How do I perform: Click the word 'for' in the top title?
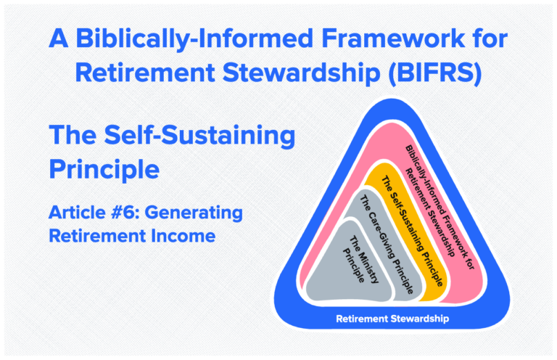pyautogui.click(x=487, y=38)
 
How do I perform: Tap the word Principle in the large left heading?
pyautogui.click(x=104, y=169)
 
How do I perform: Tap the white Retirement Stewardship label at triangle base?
pyautogui.click(x=392, y=318)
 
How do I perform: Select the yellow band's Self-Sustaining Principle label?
pyautogui.click(x=411, y=226)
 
